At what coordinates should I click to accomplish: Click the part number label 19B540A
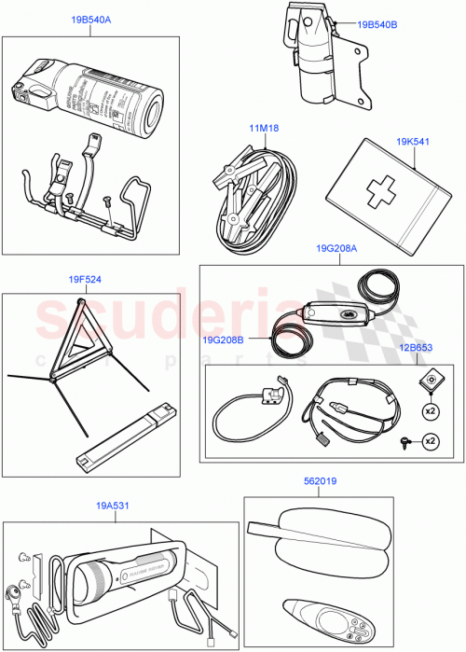point(90,20)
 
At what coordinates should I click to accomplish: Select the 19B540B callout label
point(377,25)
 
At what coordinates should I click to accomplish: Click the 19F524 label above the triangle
point(85,278)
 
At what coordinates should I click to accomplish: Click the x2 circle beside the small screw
point(431,440)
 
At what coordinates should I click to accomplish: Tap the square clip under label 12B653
point(431,378)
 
